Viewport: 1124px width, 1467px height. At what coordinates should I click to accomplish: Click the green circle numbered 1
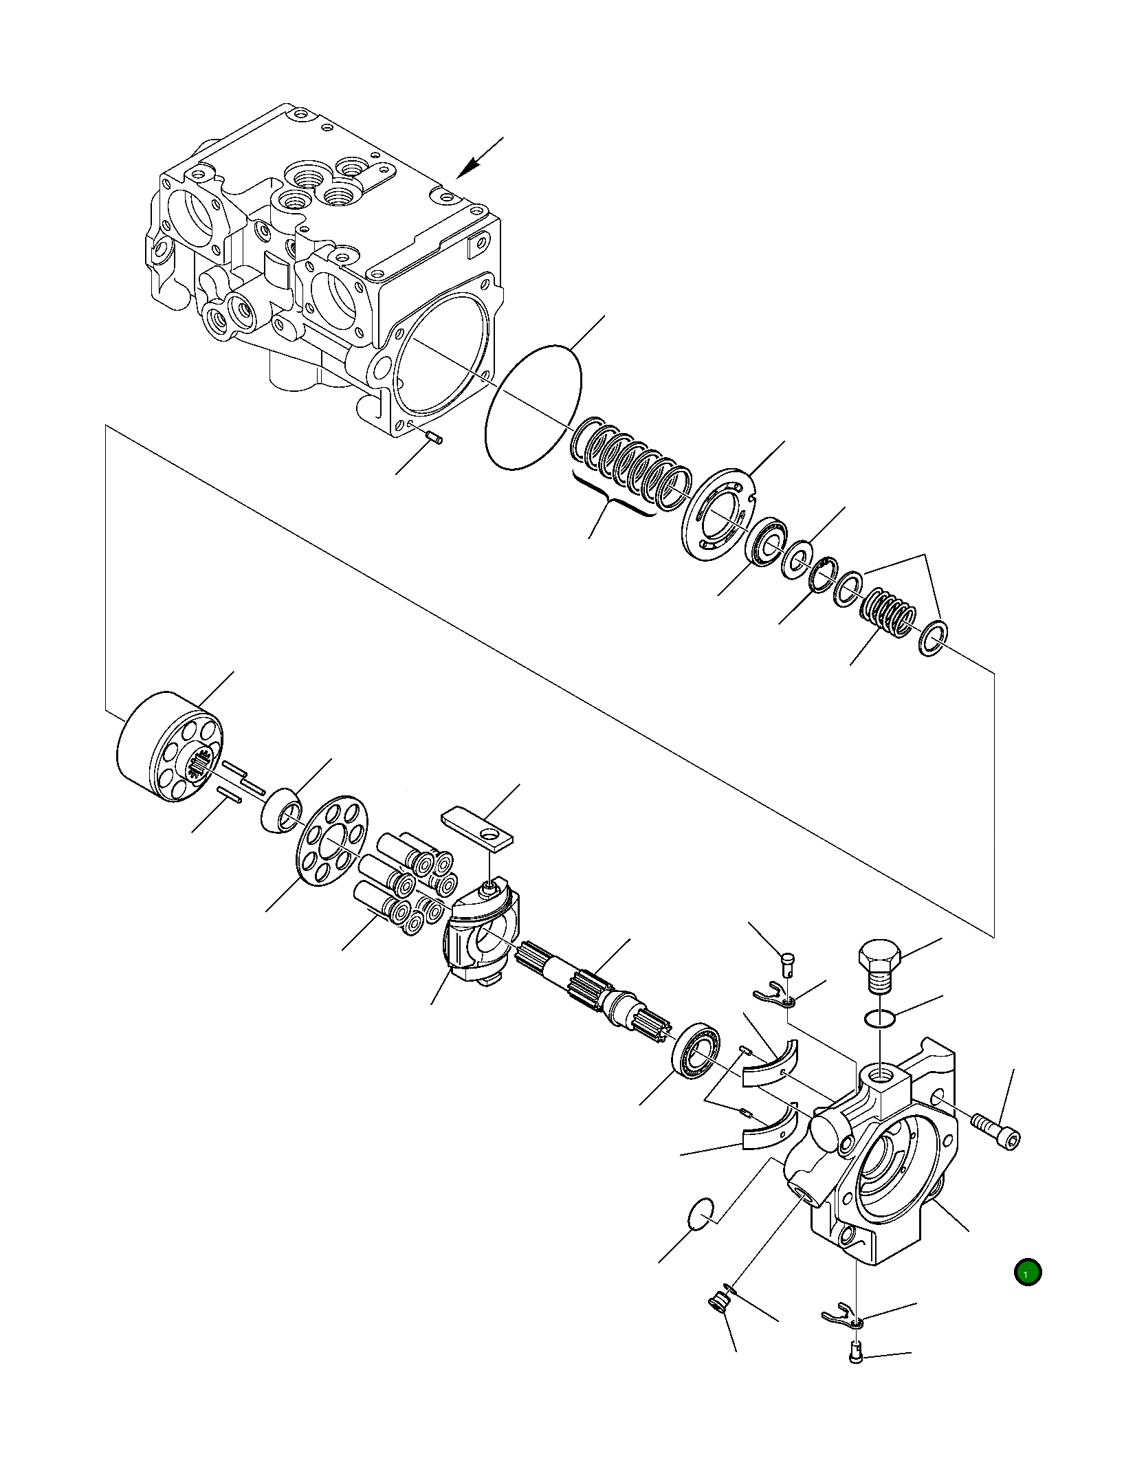pos(1027,1272)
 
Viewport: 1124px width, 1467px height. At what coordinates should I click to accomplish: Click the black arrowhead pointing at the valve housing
pos(470,167)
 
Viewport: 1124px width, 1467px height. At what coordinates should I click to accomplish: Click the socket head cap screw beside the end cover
pos(997,1130)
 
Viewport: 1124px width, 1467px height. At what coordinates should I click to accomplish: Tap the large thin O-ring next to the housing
pos(533,407)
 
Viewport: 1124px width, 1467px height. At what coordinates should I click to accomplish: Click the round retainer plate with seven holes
pos(332,841)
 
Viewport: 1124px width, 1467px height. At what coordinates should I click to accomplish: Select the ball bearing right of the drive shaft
pos(696,1050)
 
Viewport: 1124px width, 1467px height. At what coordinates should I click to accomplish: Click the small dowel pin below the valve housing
pos(434,437)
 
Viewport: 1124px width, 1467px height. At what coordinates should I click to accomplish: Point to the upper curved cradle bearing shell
pos(771,1070)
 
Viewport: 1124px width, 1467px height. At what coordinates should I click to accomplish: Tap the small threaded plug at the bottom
pos(718,1302)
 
